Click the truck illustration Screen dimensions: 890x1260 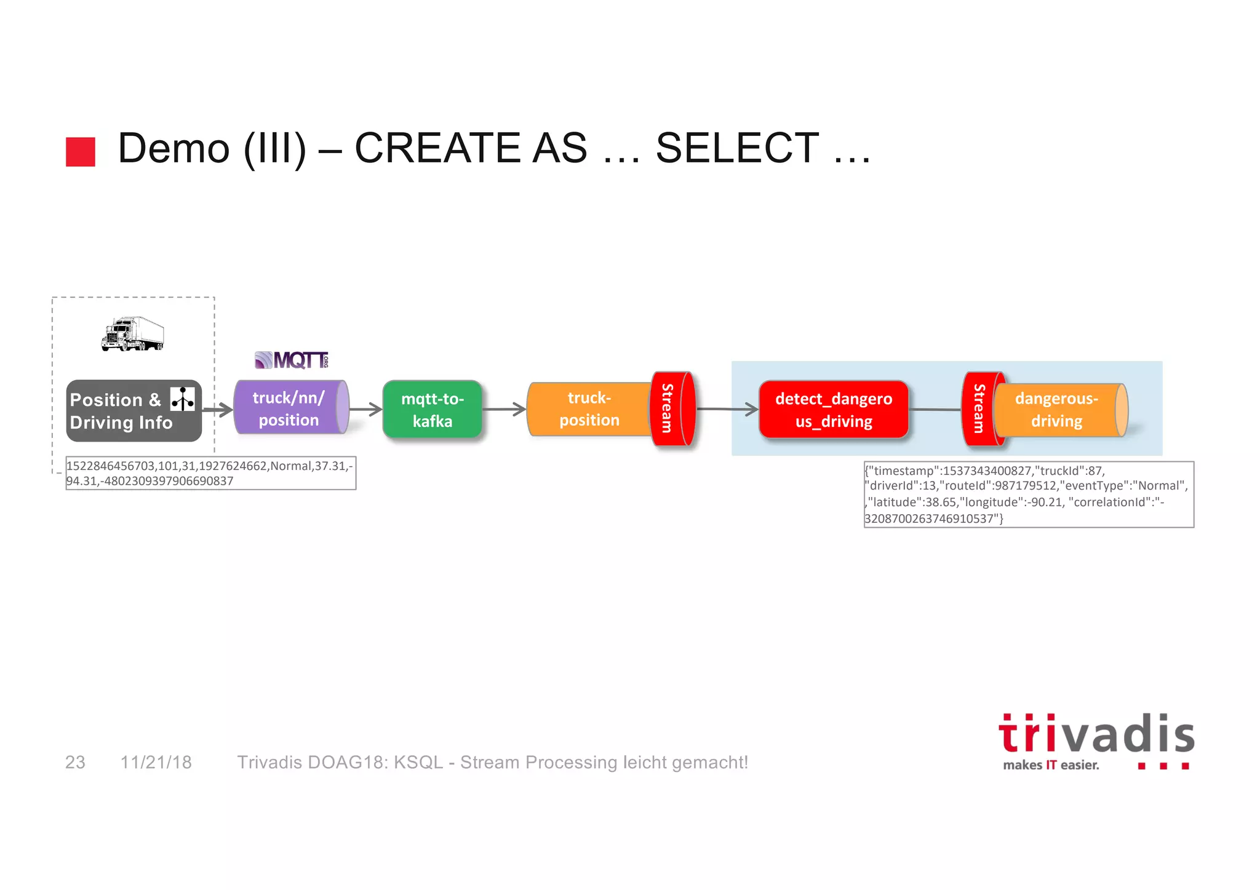132,334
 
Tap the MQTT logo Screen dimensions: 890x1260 292,360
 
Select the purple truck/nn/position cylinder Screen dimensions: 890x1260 289,408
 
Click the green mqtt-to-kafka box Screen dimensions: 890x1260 433,410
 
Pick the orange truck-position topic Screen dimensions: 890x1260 589,409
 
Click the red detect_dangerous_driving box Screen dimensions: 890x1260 834,410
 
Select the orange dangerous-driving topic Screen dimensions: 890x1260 1056,410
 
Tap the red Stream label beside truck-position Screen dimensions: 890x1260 668,408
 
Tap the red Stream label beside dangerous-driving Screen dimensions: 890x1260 979,408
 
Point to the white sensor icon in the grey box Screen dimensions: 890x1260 183,399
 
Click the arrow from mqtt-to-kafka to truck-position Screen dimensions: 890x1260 504,409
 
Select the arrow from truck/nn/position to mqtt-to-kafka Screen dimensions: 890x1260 366,409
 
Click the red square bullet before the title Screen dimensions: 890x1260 81,152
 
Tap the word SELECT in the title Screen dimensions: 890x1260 737,148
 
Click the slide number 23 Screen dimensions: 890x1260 75,762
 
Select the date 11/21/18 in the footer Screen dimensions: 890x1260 156,762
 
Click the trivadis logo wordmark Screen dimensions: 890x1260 1096,735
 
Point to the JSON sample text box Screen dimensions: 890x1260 1028,495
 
